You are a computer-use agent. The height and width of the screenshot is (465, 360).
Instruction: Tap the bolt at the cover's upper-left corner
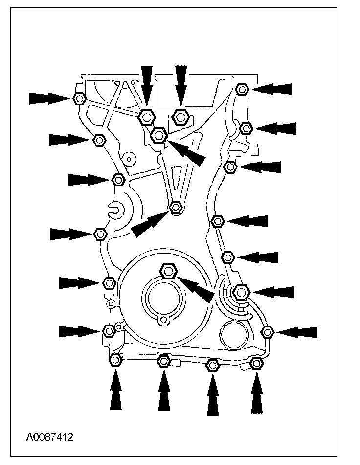(x=79, y=98)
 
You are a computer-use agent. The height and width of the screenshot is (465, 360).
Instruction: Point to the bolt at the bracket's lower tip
(x=176, y=208)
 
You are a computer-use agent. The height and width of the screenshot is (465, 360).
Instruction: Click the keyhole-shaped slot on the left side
(x=117, y=210)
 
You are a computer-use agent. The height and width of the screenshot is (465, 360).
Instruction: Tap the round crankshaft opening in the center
(x=161, y=298)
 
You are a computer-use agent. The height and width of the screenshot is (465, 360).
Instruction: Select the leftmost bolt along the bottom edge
(x=115, y=361)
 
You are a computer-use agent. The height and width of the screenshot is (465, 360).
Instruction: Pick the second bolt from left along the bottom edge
(x=164, y=361)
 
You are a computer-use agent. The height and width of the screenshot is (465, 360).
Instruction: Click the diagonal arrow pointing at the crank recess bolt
(x=198, y=288)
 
